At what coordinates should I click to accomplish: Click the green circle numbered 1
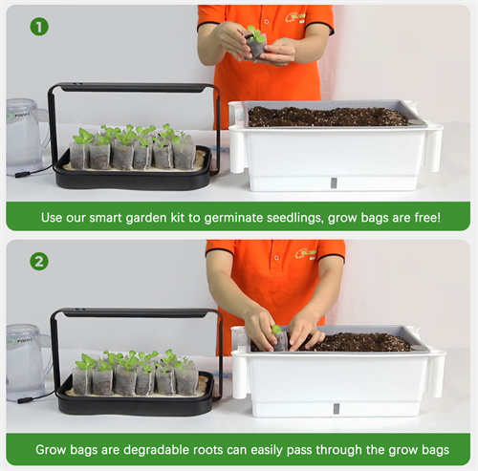click(38, 27)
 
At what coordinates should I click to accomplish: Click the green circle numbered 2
click(38, 261)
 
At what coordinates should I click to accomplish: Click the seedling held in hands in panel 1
click(255, 39)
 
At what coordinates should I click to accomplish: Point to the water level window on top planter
click(335, 182)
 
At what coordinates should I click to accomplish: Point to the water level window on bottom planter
click(336, 409)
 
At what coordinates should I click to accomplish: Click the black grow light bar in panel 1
click(134, 88)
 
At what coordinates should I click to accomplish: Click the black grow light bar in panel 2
click(134, 313)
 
